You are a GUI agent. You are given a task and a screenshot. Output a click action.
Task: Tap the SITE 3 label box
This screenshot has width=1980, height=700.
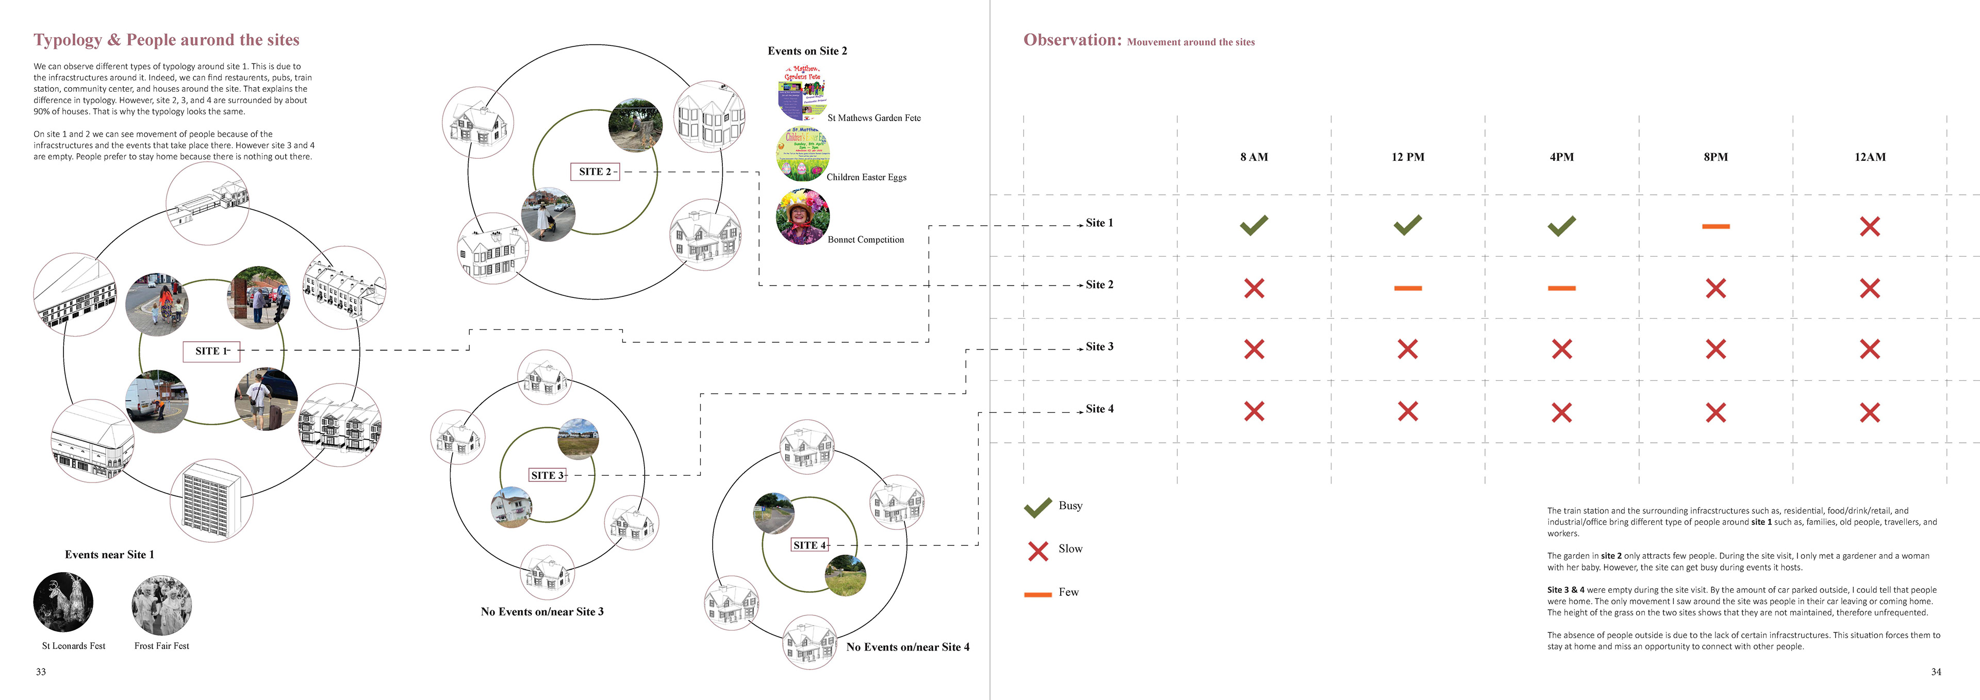click(547, 475)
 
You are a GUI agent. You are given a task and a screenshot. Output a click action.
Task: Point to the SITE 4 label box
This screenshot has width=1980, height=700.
click(810, 545)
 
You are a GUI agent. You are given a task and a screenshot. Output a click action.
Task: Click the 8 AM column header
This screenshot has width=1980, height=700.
click(1253, 157)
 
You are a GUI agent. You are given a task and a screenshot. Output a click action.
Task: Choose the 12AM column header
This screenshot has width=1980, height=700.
click(1869, 157)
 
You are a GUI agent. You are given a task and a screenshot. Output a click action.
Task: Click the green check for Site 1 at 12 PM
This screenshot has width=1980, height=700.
click(1407, 225)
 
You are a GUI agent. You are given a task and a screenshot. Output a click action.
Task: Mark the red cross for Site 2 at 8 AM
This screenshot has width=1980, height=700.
click(1253, 288)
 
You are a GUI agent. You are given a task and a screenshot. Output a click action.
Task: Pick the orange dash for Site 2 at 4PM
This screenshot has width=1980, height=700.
click(1561, 288)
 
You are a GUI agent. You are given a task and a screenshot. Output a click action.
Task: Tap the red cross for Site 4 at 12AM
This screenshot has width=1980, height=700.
click(1869, 412)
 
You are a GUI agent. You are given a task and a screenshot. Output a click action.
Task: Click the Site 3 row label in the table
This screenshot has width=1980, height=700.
click(1099, 346)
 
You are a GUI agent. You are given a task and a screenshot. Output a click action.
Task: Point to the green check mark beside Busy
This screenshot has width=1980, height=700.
click(1037, 507)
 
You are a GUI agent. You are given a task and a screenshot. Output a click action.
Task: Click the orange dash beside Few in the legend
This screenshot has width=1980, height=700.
click(1037, 594)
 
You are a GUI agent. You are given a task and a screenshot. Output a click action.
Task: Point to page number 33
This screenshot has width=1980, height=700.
click(41, 672)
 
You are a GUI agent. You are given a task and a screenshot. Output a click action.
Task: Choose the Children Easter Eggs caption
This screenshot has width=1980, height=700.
click(866, 177)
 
